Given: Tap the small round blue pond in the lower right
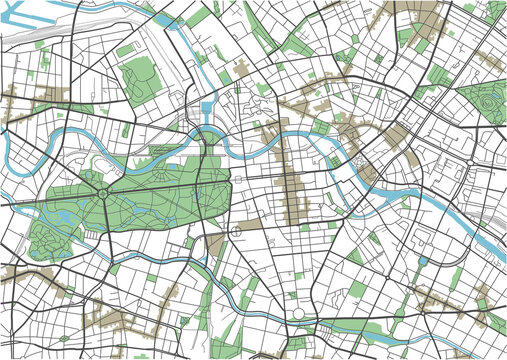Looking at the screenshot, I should pyautogui.click(x=423, y=261).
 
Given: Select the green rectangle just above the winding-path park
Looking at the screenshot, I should pyautogui.click(x=127, y=49).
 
